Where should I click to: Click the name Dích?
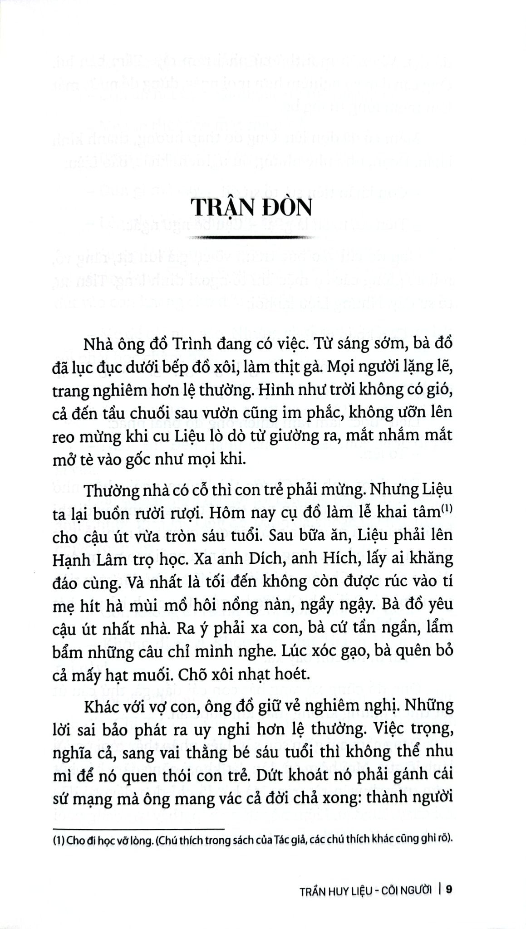pyautogui.click(x=283, y=558)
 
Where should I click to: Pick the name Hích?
pyautogui.click(x=354, y=558)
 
